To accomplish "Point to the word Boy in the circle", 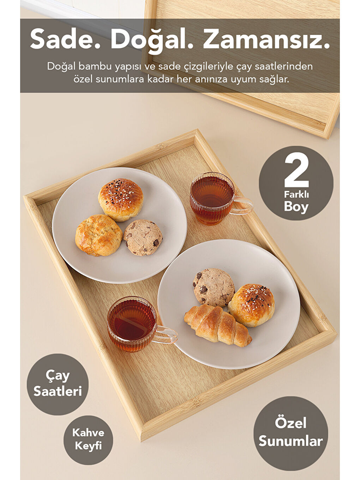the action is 296,207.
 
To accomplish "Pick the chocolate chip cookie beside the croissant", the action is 214,287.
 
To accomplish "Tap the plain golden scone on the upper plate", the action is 99,235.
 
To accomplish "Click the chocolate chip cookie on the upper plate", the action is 143,238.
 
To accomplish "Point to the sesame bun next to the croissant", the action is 251,305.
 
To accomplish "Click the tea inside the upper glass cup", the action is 212,192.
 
